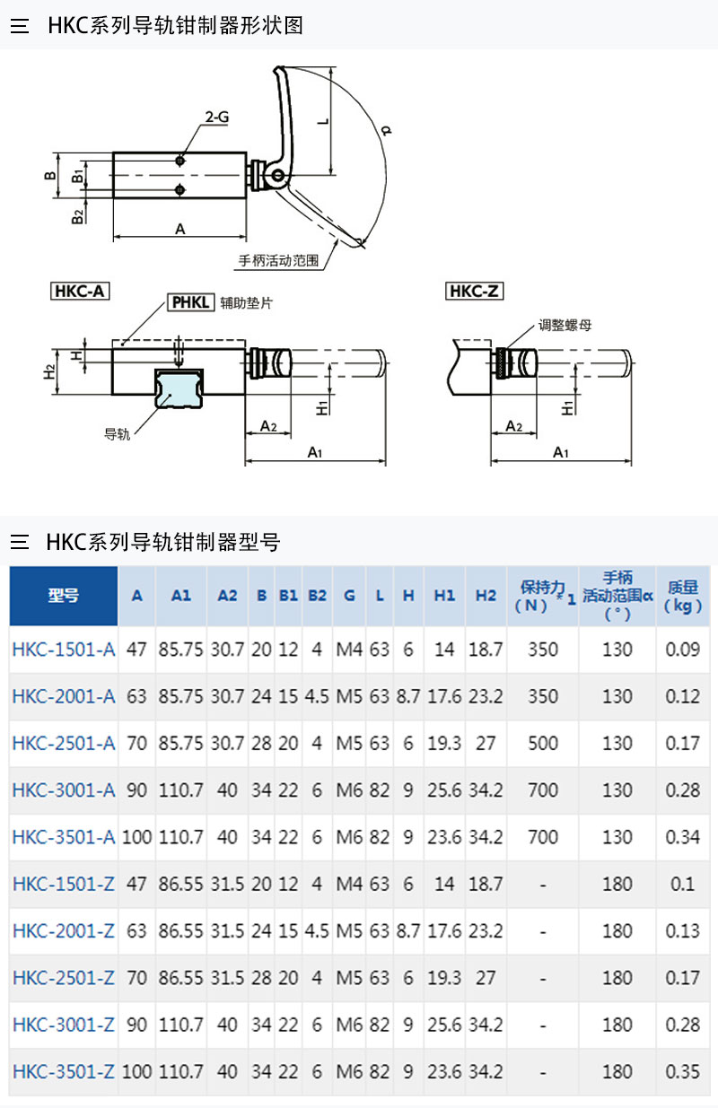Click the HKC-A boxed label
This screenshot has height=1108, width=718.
tap(80, 291)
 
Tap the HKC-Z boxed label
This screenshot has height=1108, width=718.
tap(474, 291)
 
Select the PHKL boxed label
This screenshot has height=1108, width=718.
tap(190, 301)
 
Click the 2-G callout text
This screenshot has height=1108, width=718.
tap(217, 118)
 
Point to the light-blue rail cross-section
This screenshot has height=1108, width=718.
tap(179, 389)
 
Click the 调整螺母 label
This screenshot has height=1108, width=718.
tap(565, 325)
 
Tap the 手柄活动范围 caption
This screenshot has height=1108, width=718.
tap(278, 260)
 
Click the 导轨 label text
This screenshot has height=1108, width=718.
tap(118, 434)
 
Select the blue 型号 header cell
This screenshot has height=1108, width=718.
tap(64, 596)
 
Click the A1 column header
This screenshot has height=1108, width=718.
tap(181, 596)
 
